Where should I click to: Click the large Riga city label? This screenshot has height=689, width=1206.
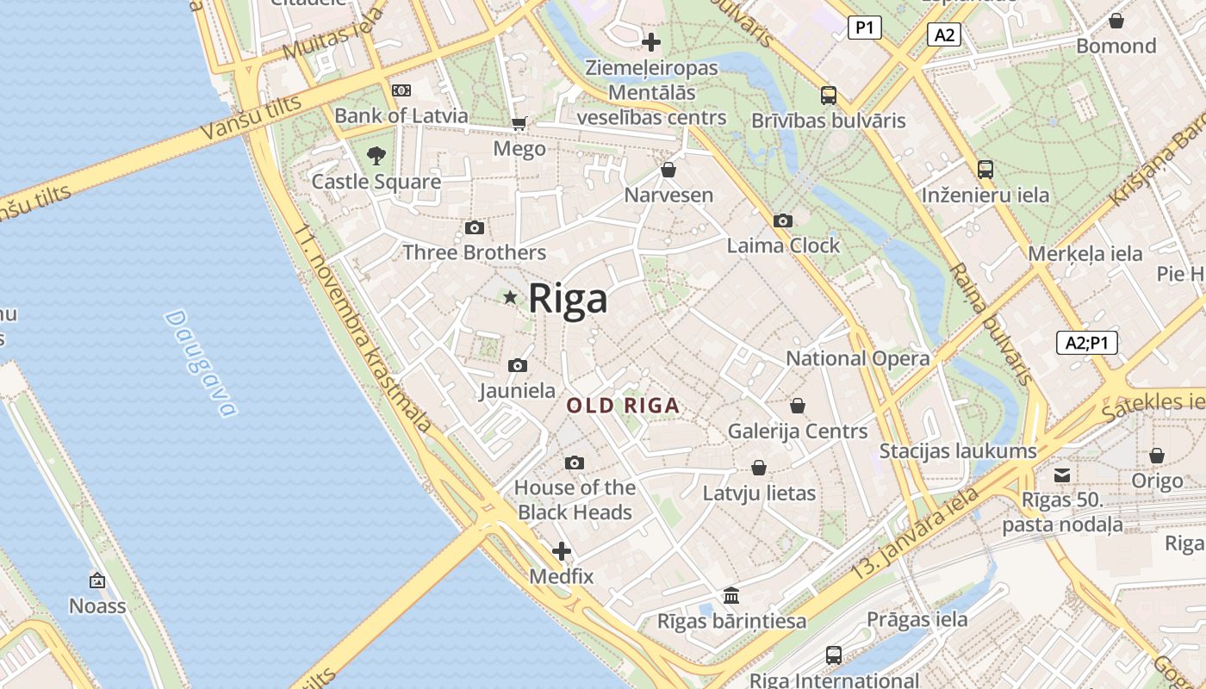[568, 299]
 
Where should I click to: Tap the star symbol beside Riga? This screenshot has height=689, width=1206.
[510, 297]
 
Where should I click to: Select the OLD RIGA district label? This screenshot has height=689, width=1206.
[624, 406]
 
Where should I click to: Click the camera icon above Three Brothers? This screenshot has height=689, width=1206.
[474, 228]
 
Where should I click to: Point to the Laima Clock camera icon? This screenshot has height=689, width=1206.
[783, 221]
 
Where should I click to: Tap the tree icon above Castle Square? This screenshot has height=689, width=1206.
[376, 156]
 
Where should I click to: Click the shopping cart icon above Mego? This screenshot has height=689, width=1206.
[519, 124]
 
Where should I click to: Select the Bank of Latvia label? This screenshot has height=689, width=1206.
[401, 115]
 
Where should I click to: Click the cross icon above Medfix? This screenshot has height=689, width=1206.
[562, 551]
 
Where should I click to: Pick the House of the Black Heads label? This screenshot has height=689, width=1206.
[575, 500]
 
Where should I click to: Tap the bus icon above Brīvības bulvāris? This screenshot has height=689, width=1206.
[829, 96]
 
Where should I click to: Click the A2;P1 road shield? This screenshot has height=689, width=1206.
[1087, 343]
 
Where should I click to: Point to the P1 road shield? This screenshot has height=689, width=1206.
[864, 28]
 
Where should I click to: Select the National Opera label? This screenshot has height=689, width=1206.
[858, 358]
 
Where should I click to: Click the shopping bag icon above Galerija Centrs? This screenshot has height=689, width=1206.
[798, 406]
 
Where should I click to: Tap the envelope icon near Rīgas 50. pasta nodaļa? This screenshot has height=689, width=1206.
[1062, 475]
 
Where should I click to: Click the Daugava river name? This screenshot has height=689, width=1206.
[200, 363]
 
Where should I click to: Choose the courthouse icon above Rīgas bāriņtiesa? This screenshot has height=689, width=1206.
[731, 595]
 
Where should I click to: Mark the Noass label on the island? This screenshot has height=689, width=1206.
[97, 606]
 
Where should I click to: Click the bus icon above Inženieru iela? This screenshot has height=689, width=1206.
[985, 170]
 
